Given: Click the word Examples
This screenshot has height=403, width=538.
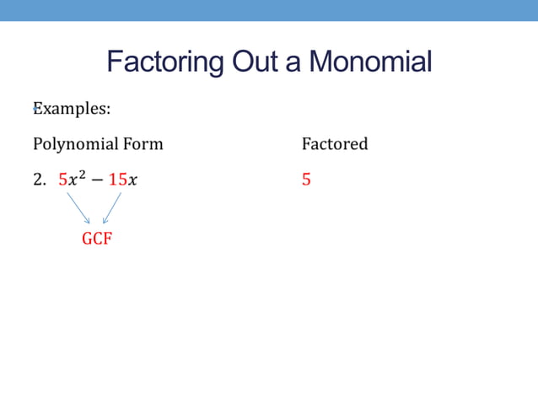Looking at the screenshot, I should (73, 109).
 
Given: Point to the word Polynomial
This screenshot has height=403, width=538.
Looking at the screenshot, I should (76, 144).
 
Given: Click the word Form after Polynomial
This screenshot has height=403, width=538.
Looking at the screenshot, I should (143, 144).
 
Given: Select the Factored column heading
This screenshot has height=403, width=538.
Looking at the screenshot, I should (335, 144).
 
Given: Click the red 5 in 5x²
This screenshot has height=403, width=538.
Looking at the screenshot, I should (62, 180).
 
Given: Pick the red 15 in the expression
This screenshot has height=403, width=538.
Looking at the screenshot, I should (117, 180).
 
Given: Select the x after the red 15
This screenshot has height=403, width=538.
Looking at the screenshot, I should (133, 180).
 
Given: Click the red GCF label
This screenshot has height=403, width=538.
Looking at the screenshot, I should (96, 239).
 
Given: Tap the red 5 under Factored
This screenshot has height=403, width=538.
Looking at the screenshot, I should (306, 180).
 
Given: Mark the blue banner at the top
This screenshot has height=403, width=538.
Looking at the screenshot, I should (269, 10).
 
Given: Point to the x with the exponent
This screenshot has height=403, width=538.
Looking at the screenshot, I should (73, 180).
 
